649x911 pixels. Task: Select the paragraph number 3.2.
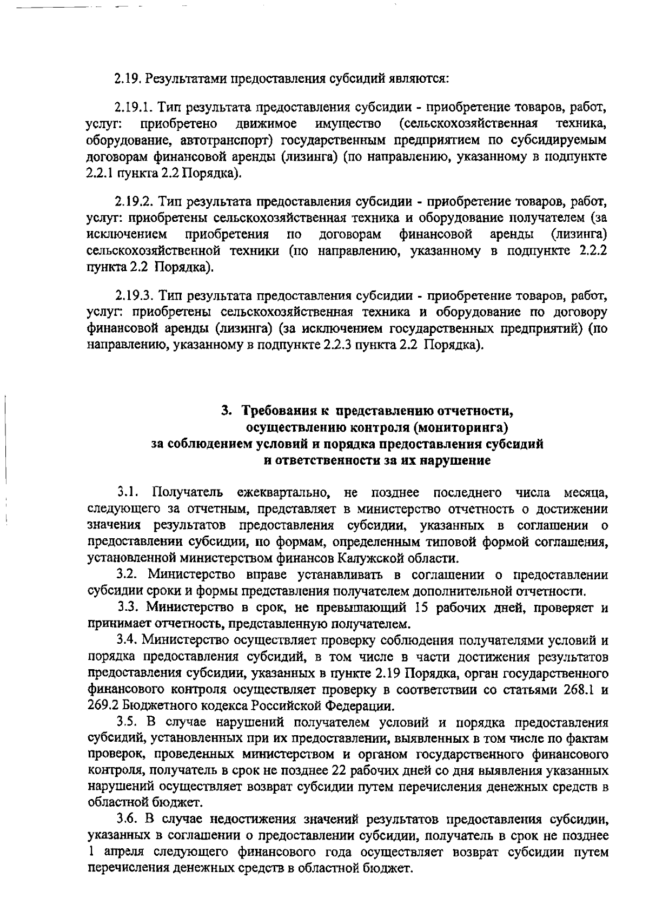(128, 575)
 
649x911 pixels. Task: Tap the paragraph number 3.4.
(128, 640)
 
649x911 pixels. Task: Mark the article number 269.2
(103, 707)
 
